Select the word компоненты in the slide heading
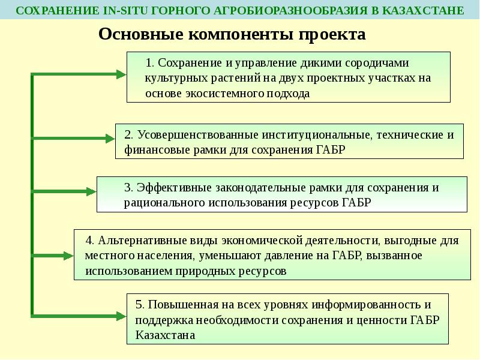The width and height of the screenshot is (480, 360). [241, 34]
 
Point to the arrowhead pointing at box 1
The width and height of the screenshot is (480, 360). [121, 74]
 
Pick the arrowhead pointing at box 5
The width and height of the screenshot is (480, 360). [121, 314]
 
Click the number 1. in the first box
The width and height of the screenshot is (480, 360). [150, 63]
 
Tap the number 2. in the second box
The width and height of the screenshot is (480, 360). [128, 134]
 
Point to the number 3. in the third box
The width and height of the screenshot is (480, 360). [128, 187]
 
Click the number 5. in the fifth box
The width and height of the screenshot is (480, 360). [139, 304]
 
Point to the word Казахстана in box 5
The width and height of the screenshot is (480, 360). [166, 335]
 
